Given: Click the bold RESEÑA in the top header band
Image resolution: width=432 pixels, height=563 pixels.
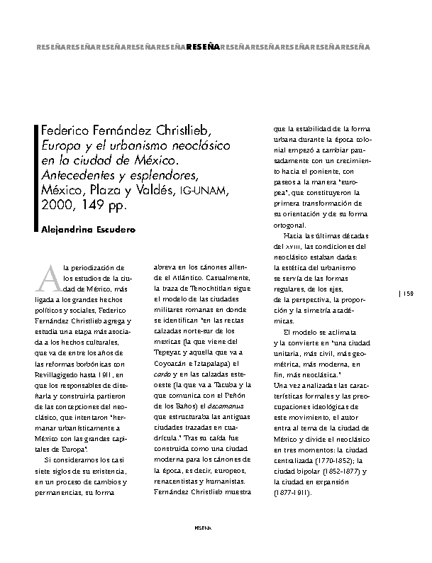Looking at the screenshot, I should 202,48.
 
